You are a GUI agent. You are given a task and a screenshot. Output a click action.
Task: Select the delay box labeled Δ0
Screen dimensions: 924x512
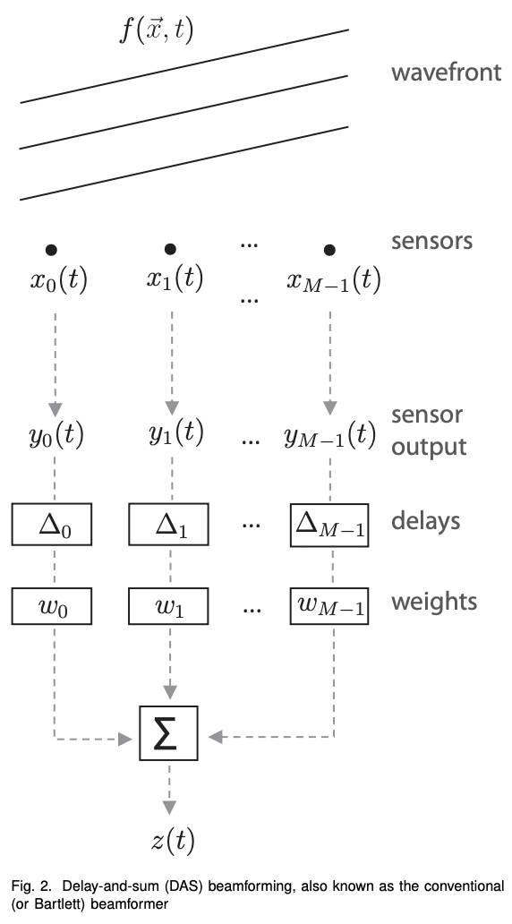53,524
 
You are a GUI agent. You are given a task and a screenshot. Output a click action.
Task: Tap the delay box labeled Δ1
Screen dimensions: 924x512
170,524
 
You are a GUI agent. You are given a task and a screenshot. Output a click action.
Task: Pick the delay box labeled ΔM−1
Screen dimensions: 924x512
330,524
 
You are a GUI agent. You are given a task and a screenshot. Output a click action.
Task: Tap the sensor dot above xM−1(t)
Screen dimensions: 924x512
330,248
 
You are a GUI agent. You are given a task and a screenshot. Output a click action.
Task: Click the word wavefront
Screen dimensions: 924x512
446,73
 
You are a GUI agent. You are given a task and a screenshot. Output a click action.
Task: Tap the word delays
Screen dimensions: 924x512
427,521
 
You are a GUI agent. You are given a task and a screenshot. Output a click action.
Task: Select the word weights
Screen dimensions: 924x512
434,602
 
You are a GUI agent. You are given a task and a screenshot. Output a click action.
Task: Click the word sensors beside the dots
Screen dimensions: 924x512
431,241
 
